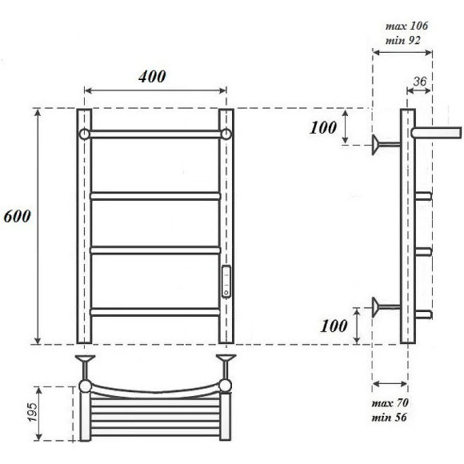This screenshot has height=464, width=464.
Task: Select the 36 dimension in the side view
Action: click(420, 82)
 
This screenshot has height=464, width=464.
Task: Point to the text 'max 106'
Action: click(406, 26)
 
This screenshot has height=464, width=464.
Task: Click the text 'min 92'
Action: click(404, 40)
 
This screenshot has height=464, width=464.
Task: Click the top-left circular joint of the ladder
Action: click(84, 133)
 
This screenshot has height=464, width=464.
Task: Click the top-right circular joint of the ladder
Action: click(226, 133)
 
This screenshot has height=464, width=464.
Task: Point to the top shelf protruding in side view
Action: click(437, 130)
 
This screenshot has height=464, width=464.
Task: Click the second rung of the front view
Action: click(155, 194)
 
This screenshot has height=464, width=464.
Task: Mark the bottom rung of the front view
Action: click(155, 311)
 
